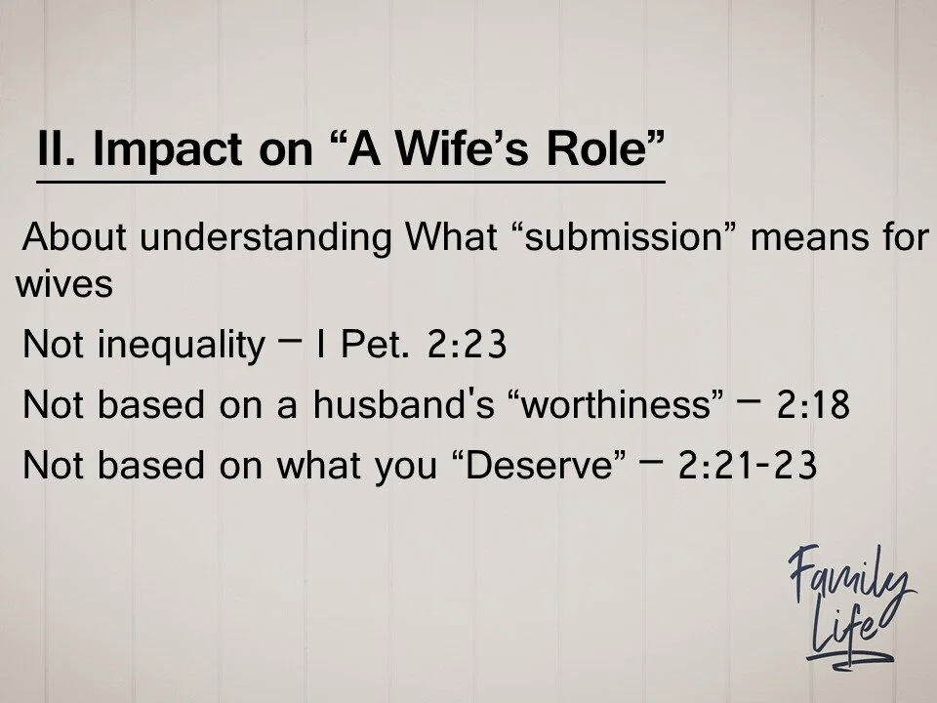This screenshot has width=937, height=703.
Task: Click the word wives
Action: tap(63, 286)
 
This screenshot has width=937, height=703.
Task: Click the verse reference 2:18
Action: tap(813, 406)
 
